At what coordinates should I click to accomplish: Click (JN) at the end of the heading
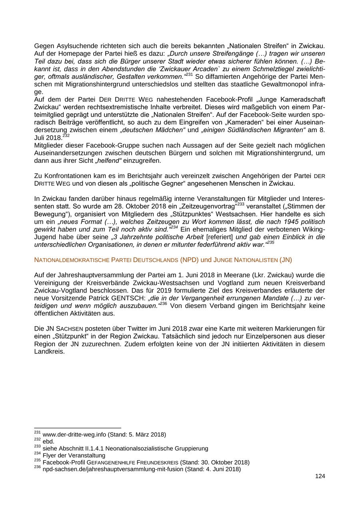click(x=286, y=260)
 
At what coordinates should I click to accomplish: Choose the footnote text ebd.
click(x=48, y=441)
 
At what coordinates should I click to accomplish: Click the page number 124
click(x=320, y=476)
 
